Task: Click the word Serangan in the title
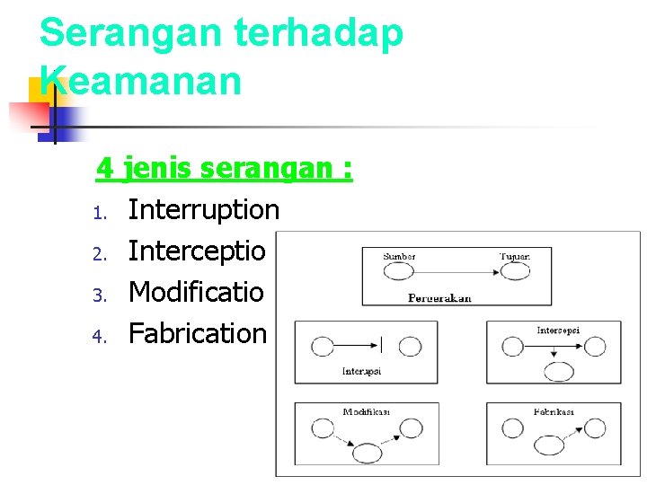(x=129, y=33)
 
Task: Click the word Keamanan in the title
(x=141, y=80)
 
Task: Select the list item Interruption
(x=204, y=210)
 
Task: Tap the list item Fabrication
(x=198, y=333)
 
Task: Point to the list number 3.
(x=101, y=294)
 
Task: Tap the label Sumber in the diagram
(x=399, y=256)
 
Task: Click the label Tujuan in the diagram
(x=515, y=256)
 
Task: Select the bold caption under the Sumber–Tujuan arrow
(x=439, y=297)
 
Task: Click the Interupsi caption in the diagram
(x=361, y=371)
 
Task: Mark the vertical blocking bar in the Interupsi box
(x=383, y=345)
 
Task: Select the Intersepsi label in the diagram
(x=558, y=331)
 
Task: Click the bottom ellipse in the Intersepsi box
(x=560, y=372)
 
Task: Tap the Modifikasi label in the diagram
(x=366, y=412)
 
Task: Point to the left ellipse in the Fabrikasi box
(x=513, y=430)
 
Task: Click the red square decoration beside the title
(x=30, y=115)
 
